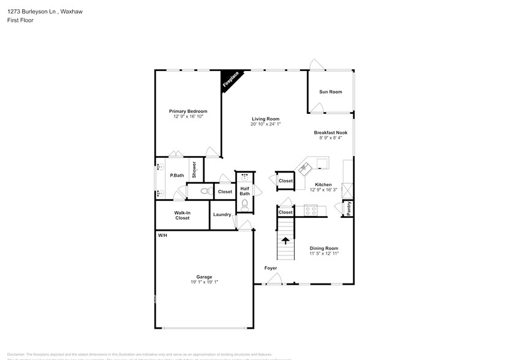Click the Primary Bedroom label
188,111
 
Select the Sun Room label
330,92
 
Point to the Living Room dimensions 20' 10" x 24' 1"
265,124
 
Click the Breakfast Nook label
330,132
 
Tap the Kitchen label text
323,184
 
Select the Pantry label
349,209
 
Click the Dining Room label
324,248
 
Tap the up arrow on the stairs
285,240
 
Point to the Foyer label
270,268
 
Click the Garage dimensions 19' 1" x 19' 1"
204,282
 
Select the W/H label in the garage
162,236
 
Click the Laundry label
222,214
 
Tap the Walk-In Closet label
182,215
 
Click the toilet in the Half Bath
244,204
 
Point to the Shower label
194,170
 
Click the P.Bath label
177,176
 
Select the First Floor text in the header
21,20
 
